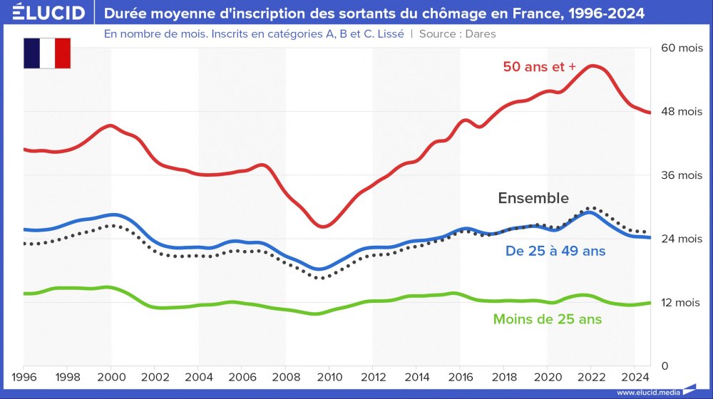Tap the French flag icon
[47, 53]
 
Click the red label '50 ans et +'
[539, 66]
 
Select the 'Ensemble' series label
[533, 198]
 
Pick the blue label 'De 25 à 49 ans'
[555, 251]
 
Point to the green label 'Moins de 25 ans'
[548, 319]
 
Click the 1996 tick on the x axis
[24, 376]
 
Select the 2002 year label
[155, 376]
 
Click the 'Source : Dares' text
[457, 33]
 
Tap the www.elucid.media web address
[647, 392]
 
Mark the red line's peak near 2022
[593, 66]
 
